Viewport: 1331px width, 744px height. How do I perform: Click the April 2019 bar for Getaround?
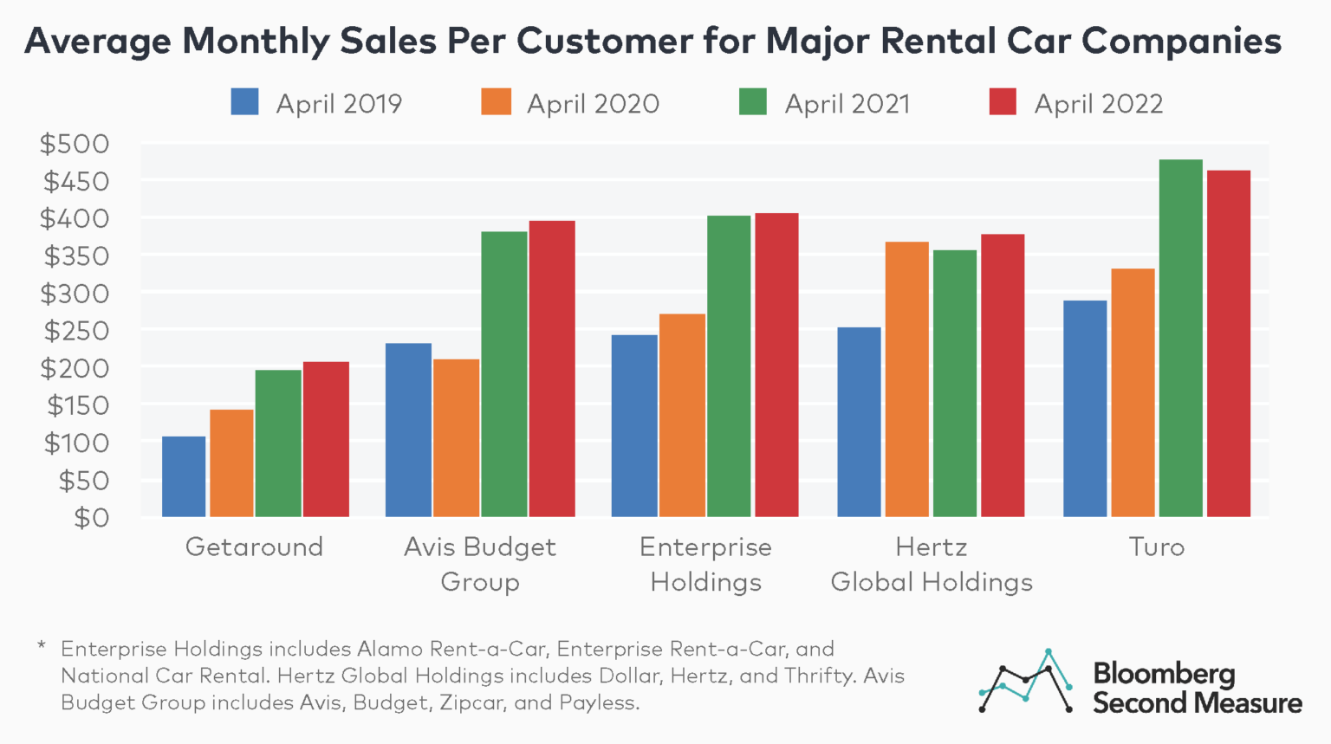pyautogui.click(x=184, y=476)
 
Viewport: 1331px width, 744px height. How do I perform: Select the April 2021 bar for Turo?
pyautogui.click(x=1180, y=338)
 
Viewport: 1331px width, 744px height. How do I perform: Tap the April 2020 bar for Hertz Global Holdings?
pyautogui.click(x=906, y=379)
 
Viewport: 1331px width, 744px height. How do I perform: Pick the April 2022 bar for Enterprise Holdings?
pyautogui.click(x=776, y=365)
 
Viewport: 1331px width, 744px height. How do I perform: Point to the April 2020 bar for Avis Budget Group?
pyautogui.click(x=456, y=437)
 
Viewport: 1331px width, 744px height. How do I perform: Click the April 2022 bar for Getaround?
pyautogui.click(x=326, y=439)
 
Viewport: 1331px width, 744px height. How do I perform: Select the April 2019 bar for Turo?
pyautogui.click(x=1085, y=408)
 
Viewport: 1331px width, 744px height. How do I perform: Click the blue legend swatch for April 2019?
pyautogui.click(x=244, y=102)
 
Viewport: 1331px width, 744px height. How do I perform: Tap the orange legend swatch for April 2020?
pyautogui.click(x=496, y=102)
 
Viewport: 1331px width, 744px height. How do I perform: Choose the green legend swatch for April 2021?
pyautogui.click(x=752, y=102)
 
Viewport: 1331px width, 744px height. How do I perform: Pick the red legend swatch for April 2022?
pyautogui.click(x=1003, y=102)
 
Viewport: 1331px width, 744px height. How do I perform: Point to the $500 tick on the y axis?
pyautogui.click(x=75, y=144)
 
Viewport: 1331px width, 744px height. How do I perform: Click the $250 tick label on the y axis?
pyautogui.click(x=76, y=331)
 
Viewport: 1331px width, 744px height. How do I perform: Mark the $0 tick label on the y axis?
pyautogui.click(x=92, y=518)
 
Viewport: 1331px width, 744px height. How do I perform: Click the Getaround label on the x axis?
pyautogui.click(x=254, y=547)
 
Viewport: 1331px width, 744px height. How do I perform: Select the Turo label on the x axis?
pyautogui.click(x=1156, y=547)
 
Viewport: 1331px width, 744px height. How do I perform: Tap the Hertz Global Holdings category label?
pyautogui.click(x=932, y=565)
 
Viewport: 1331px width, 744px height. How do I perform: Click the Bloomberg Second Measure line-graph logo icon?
pyautogui.click(x=1026, y=681)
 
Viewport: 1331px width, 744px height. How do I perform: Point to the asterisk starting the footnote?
pyautogui.click(x=41, y=646)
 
